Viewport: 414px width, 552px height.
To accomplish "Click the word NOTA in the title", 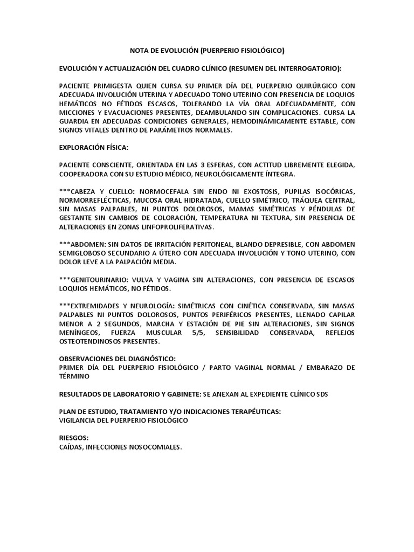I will tap(141, 51).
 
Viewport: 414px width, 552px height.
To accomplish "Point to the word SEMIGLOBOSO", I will tap(84, 254).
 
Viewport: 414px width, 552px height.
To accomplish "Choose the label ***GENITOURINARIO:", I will tap(96, 280).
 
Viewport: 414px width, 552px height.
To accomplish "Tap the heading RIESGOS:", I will tap(74, 438).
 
